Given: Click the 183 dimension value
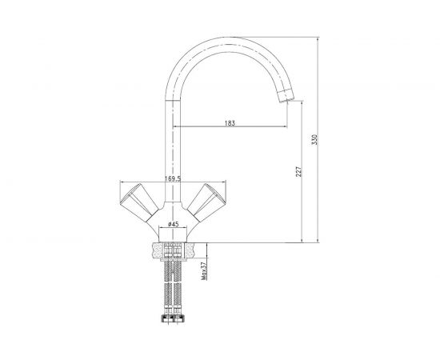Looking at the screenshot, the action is click(x=230, y=123).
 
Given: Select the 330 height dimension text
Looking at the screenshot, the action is click(x=315, y=140).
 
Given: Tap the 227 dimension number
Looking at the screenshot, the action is click(x=298, y=171).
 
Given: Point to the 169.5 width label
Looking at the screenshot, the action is click(x=173, y=178).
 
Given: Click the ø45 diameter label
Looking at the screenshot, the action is click(x=173, y=224).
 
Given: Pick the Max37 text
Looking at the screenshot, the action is click(x=204, y=270).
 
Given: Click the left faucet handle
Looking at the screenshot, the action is click(x=139, y=202).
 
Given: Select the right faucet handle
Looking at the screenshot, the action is click(x=206, y=202).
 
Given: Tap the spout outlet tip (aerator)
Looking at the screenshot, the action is click(x=286, y=96).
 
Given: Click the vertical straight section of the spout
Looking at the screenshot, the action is click(x=172, y=151).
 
